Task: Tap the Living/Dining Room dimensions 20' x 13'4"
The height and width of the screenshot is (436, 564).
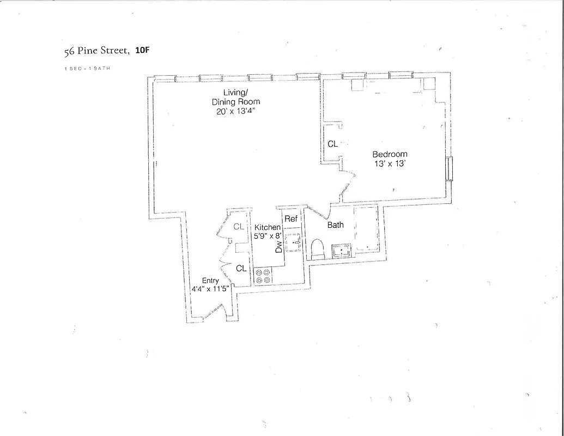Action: coord(235,111)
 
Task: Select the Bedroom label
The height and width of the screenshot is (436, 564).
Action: coord(390,154)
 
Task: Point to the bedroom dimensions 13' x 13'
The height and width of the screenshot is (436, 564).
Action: coord(390,163)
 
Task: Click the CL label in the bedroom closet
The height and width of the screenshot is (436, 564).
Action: coord(332,144)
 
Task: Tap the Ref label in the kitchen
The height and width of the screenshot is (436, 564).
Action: coord(291,219)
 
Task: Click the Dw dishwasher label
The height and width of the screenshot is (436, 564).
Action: coord(279,247)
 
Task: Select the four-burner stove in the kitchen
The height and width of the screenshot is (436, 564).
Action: coord(264,275)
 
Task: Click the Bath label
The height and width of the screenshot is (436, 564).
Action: coord(335,225)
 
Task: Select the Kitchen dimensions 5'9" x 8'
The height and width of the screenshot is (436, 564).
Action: coord(268,236)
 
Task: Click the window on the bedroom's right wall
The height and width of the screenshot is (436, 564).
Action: coord(449,169)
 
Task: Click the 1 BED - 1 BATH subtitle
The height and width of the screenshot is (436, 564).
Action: coord(87,69)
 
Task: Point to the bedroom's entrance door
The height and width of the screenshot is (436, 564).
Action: coord(347,184)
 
